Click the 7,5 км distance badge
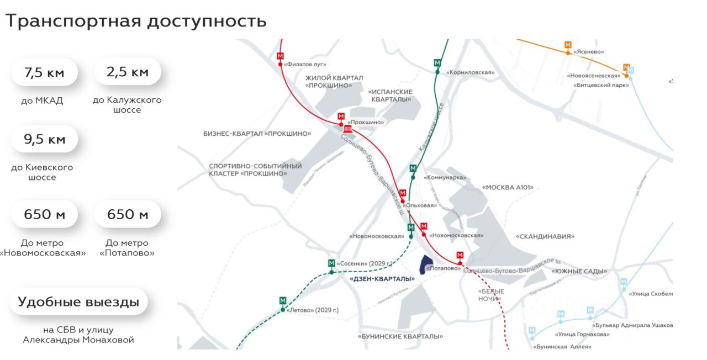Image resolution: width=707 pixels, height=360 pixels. tap(44, 72)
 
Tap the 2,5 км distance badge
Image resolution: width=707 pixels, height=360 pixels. tap(128, 72)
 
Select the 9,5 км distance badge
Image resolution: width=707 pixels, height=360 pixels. tap(44, 139)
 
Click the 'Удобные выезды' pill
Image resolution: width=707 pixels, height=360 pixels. tap(78, 302)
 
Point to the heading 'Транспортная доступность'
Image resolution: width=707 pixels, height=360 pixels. tap(136, 22)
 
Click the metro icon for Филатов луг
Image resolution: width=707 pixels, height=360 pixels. tap(280, 56)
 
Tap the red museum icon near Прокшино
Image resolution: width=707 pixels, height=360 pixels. tap(347, 129)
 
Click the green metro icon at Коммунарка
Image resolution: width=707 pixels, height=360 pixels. tap(413, 168)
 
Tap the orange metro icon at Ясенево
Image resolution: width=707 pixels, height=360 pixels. tap(568, 44)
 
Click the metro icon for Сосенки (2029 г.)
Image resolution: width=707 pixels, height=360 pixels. tap(331, 263)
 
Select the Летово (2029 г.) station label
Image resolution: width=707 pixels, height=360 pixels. tap(313, 310)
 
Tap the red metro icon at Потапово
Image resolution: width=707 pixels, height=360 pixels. tap(460, 255)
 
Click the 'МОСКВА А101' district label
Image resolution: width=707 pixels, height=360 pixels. tap(508, 188)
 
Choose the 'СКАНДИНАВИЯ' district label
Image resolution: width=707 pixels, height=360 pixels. tap(545, 236)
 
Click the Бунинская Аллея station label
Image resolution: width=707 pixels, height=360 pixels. tap(562, 347)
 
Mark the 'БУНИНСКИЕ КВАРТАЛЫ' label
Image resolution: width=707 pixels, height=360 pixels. tap(400, 336)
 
